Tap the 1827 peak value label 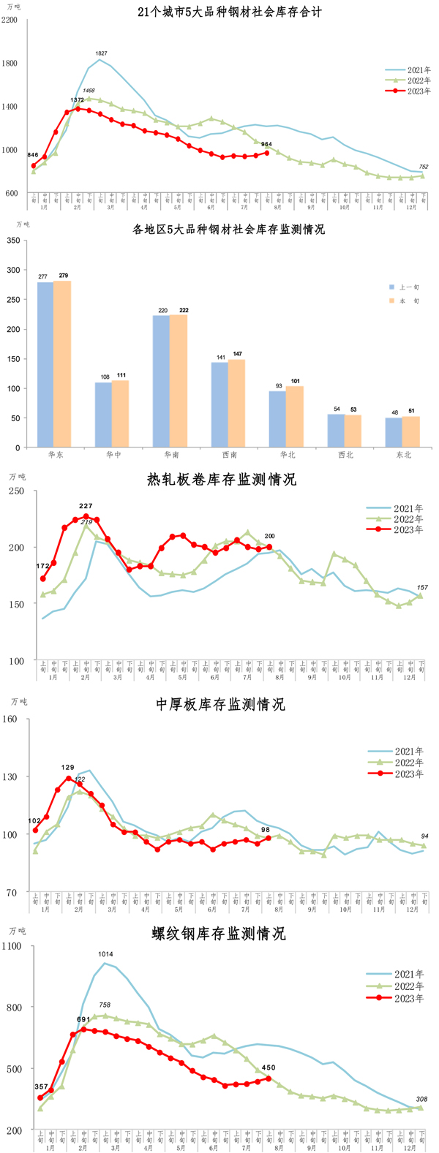click(x=102, y=53)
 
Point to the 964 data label click(x=266, y=144)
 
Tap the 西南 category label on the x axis click(x=228, y=455)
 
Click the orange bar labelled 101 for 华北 click(x=295, y=416)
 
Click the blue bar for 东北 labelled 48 click(x=394, y=432)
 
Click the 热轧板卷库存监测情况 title click(x=222, y=480)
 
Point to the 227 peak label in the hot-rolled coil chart click(x=86, y=506)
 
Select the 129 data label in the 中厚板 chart click(x=68, y=768)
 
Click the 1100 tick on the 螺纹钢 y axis click(x=13, y=946)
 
